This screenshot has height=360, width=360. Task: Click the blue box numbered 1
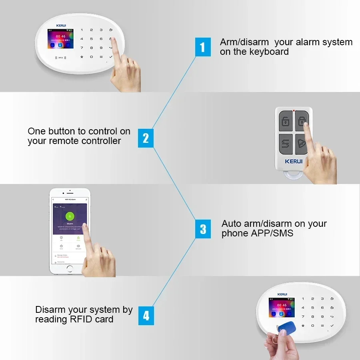point(202,47)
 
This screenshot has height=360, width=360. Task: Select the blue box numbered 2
point(146,138)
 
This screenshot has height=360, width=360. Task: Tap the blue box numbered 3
point(203,229)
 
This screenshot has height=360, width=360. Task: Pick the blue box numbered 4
point(146,316)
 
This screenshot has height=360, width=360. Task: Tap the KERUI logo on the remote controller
point(293,161)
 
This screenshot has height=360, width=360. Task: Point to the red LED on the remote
point(294,110)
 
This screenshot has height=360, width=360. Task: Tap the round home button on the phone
point(70,268)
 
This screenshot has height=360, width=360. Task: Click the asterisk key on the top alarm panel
point(82,57)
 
